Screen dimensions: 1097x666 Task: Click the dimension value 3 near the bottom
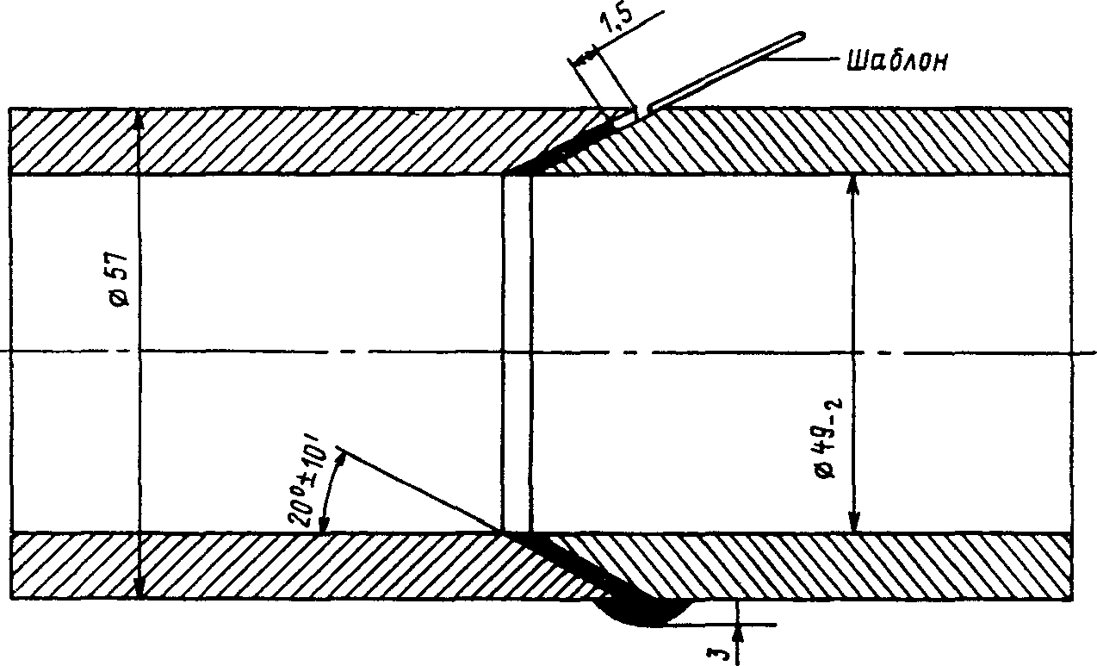[x=725, y=647]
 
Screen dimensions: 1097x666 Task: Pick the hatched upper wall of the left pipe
[x=258, y=141]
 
